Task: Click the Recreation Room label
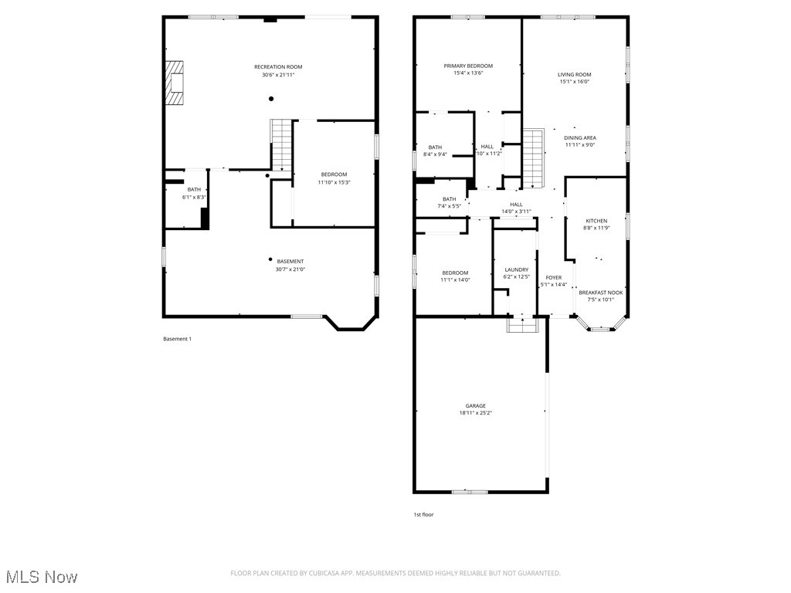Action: coord(278,67)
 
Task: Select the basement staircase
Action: coord(281,144)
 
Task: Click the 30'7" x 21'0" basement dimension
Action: coord(290,269)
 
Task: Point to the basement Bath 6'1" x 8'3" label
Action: coord(194,190)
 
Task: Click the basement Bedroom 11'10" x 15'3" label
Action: coord(334,175)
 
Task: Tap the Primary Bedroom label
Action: coord(468,66)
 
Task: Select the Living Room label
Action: coord(574,75)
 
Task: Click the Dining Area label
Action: coord(580,137)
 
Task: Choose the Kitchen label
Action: coord(596,221)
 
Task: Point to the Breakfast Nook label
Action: coord(601,293)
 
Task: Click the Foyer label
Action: coord(554,277)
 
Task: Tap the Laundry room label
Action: coord(516,269)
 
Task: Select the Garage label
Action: coord(475,405)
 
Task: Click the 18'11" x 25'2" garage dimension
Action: coord(475,413)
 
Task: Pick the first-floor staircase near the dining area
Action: coord(534,158)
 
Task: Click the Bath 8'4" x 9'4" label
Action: coord(436,147)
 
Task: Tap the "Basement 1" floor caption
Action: coord(177,339)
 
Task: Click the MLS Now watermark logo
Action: coord(42,577)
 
